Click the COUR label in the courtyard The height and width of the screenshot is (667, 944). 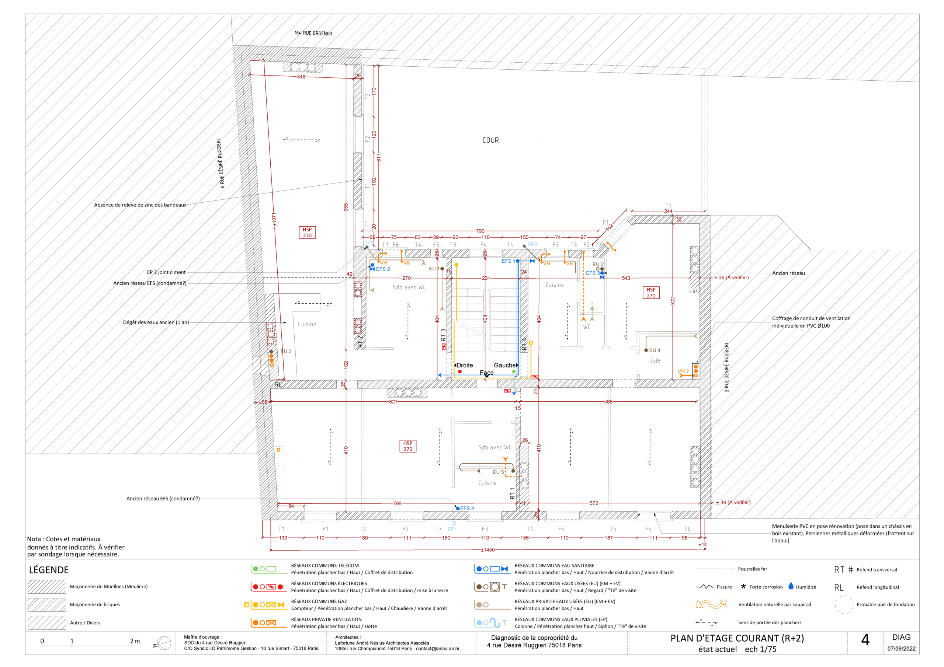(490, 140)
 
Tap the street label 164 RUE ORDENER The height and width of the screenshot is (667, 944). (313, 33)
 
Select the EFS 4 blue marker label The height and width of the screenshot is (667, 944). (467, 509)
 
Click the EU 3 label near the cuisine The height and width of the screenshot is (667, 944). (286, 352)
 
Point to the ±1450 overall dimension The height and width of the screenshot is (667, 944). (487, 550)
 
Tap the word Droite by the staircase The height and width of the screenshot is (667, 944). (465, 365)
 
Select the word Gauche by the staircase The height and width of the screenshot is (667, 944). (504, 365)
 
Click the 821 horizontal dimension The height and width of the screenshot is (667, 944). (393, 402)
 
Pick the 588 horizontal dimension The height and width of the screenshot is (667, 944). (608, 402)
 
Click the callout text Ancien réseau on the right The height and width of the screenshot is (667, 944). (788, 273)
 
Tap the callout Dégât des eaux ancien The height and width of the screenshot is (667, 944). (156, 322)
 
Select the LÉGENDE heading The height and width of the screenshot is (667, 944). (49, 570)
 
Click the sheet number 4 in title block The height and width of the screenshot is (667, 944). (865, 640)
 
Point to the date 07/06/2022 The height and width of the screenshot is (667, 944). (901, 649)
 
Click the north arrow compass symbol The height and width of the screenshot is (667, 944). (164, 643)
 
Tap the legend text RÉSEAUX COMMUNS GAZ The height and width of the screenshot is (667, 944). (319, 602)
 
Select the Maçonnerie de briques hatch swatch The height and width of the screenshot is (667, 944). (46, 604)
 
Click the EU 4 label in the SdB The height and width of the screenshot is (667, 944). (655, 350)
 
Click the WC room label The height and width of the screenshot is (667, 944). (587, 327)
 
